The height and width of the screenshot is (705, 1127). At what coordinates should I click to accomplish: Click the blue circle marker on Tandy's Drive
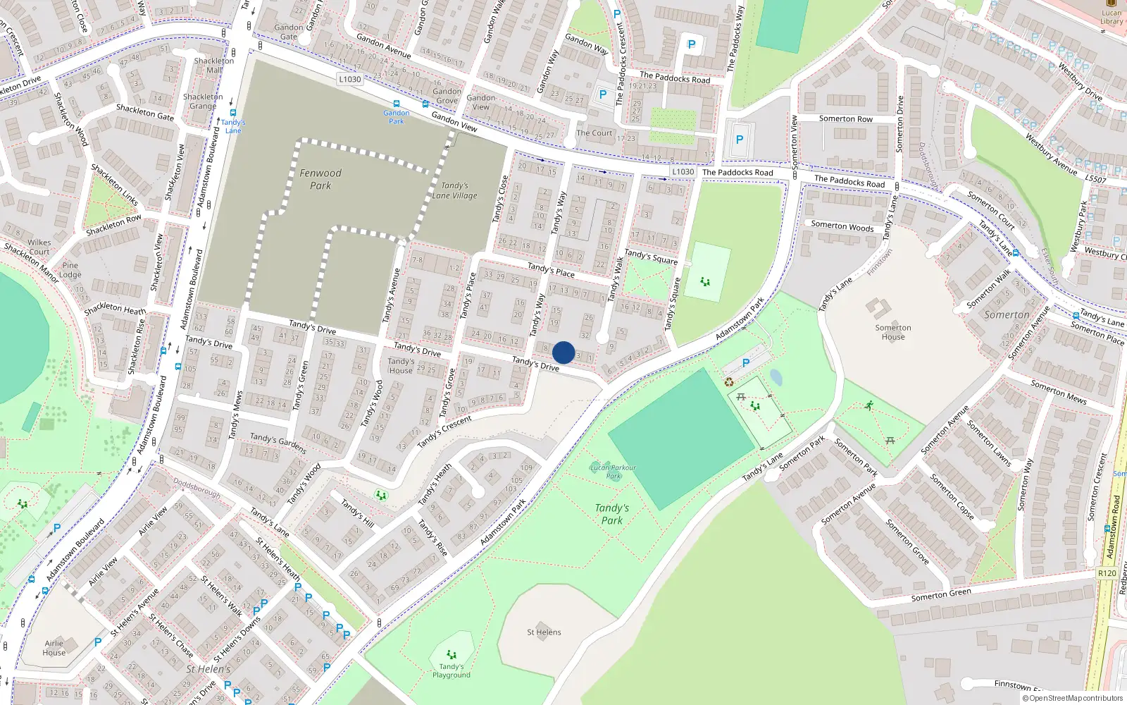(563, 352)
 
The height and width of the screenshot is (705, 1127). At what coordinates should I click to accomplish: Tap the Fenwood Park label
(320, 179)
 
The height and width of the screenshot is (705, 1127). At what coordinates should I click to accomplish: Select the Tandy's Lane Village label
(454, 190)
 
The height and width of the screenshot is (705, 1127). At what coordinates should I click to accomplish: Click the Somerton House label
(892, 332)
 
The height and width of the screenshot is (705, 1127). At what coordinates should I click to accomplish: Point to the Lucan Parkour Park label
(613, 471)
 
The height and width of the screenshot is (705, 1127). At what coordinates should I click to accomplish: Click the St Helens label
(544, 632)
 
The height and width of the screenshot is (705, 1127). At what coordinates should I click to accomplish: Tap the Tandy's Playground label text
(452, 670)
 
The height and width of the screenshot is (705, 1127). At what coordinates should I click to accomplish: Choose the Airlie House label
(54, 648)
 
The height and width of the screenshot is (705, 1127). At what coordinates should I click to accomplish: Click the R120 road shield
(1107, 573)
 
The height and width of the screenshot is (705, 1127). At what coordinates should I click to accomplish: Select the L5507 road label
(1095, 179)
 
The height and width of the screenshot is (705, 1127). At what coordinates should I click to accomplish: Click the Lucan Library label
(1112, 17)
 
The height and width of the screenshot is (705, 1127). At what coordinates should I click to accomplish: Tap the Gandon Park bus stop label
(397, 117)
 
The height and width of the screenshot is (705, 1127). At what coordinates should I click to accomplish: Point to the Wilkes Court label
(39, 247)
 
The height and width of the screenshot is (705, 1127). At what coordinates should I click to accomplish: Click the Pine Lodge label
(70, 270)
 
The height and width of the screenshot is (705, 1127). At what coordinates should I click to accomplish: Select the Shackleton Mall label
(214, 66)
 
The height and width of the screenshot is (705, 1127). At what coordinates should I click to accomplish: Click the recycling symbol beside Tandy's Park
(729, 382)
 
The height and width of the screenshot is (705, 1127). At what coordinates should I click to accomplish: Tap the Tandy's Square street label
(651, 257)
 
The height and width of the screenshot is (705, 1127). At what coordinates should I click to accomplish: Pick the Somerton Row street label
(845, 119)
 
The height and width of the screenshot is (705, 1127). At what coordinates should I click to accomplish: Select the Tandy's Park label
(611, 514)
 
